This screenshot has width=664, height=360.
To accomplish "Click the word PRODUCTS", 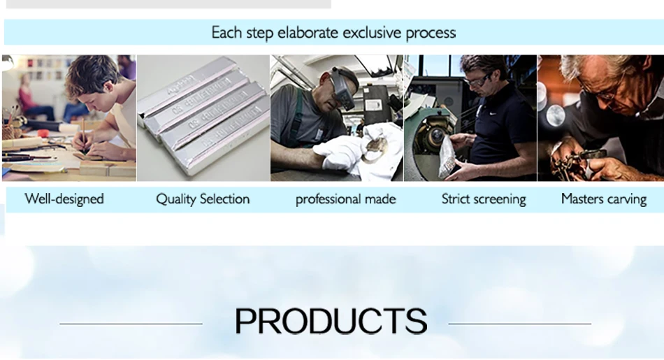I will [x=331, y=321].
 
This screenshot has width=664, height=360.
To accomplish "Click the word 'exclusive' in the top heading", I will [x=371, y=33].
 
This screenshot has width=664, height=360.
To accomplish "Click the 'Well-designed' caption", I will [x=64, y=199].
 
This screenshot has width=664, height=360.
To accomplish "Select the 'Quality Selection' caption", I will [x=203, y=199].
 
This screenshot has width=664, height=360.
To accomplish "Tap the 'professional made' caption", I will [x=345, y=199].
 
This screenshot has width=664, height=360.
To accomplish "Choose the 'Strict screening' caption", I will [x=484, y=199].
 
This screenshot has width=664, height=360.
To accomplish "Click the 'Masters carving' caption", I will [x=604, y=199].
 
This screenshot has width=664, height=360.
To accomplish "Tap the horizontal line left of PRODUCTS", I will [x=131, y=324].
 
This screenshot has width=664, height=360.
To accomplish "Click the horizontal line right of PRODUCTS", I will [x=519, y=324].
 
